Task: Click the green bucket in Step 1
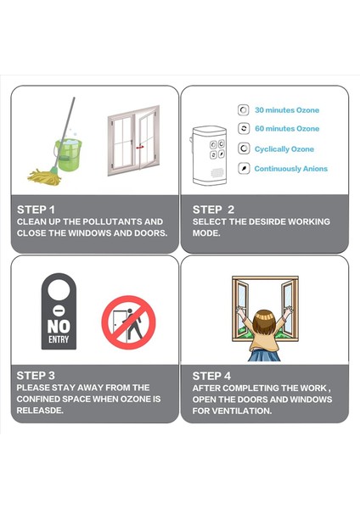tap(68, 154)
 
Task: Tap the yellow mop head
tap(44, 177)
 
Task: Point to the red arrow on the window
tap(140, 147)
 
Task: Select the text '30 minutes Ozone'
tap(287, 110)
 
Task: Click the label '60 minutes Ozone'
tap(287, 129)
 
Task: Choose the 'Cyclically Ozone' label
tap(284, 149)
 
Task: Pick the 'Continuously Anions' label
tap(290, 169)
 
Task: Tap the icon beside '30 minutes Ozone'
tap(244, 110)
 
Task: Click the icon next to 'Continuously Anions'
tap(244, 169)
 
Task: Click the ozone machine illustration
tap(209, 156)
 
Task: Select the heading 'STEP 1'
tap(36, 210)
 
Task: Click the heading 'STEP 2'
tap(213, 210)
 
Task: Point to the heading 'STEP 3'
tap(36, 376)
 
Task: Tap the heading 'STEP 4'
tap(211, 376)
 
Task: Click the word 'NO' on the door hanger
tap(59, 327)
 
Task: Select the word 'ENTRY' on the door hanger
tap(59, 339)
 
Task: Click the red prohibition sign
tap(129, 322)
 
